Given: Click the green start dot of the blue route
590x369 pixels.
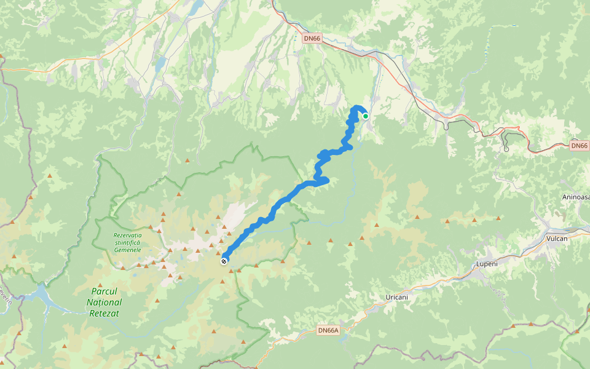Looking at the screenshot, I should (366, 116).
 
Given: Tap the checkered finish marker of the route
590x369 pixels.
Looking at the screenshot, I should (224, 261).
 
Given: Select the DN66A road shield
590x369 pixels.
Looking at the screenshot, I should (328, 330).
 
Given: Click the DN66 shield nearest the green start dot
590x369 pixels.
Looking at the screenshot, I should (312, 38).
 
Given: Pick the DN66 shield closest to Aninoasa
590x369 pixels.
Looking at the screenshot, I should (579, 146).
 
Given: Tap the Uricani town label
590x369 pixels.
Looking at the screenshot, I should (397, 297).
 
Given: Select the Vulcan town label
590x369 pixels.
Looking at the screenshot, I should (557, 238).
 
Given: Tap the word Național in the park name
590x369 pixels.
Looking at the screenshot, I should (104, 303).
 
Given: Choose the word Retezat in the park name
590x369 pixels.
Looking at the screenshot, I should (104, 314).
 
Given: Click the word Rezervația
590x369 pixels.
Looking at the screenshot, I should (127, 236).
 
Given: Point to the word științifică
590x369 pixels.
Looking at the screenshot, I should (127, 243).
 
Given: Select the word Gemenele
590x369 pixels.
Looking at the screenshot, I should (127, 250).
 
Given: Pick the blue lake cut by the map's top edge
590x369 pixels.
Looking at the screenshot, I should (195, 7).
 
